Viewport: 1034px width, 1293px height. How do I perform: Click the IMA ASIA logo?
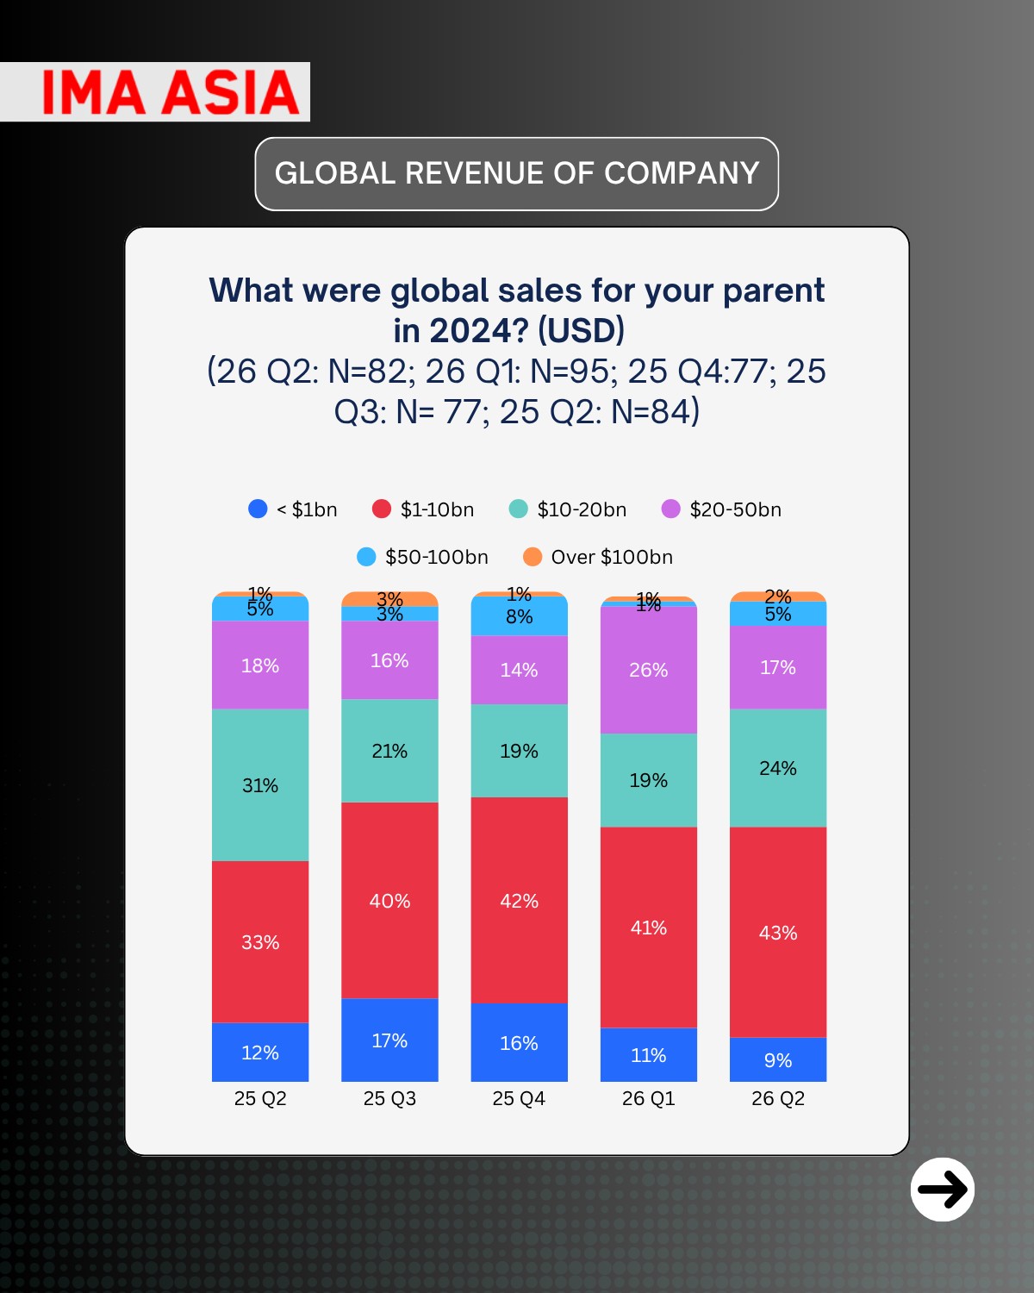171,92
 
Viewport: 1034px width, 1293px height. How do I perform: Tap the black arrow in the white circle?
943,1190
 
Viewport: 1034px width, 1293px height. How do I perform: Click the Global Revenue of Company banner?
517,173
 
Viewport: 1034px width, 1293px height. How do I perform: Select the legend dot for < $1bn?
258,509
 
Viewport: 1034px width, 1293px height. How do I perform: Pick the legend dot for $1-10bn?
382,509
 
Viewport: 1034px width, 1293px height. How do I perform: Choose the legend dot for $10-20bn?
518,509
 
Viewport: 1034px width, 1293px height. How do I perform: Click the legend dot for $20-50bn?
670,509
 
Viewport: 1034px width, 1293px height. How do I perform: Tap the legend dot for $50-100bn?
366,557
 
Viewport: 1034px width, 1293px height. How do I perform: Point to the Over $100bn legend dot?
533,557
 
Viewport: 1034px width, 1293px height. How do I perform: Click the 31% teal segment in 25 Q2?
260,785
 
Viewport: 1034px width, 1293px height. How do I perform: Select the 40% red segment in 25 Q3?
389,901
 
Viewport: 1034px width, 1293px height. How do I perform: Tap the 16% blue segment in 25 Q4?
519,1043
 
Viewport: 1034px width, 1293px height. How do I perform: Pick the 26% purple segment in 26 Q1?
649,670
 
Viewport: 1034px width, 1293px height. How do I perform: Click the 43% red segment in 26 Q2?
778,933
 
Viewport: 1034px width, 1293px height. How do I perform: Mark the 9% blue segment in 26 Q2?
778,1060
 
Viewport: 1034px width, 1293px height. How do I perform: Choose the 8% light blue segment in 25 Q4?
519,616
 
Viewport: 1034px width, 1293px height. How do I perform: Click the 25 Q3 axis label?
389,1099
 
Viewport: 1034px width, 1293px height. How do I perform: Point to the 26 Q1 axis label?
649,1099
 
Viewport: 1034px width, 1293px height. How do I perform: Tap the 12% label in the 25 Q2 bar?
260,1053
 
